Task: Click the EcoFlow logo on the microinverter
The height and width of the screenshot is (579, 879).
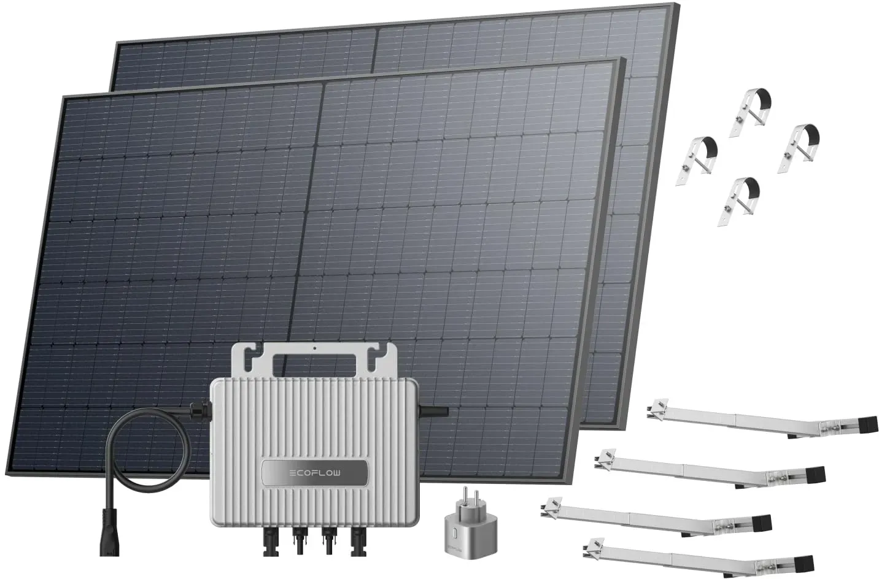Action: pos(315,473)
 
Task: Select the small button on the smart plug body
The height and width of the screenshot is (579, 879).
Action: pos(454,535)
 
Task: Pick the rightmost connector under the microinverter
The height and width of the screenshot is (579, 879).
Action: pos(357,540)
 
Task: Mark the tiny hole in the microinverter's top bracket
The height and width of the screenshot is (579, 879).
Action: pos(314,347)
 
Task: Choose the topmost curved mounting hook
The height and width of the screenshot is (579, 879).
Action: pos(750,112)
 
